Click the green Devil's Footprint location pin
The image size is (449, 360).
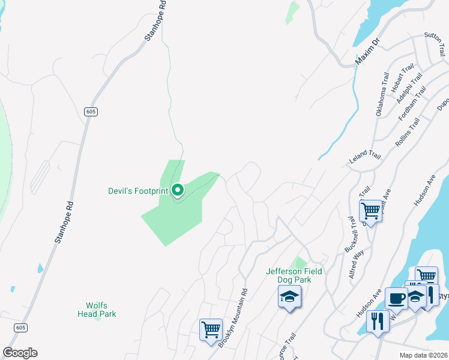point(178,191)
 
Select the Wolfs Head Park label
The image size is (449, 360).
point(97,309)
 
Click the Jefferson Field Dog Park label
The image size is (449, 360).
point(294,275)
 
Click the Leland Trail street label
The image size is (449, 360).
point(366,158)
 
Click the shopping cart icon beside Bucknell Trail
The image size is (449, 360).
point(371,211)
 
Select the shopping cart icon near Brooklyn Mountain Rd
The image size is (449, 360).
point(211,330)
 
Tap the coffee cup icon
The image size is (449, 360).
point(396,298)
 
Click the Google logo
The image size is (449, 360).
point(20,353)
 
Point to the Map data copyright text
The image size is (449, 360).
point(423,355)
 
